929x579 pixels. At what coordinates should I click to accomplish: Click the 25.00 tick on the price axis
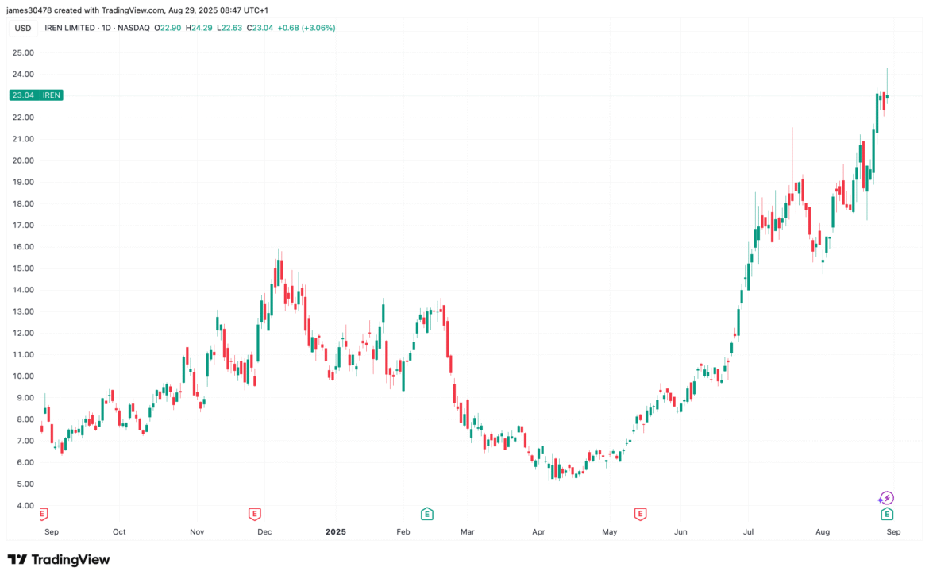22,52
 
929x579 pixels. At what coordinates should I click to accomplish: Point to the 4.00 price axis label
24,505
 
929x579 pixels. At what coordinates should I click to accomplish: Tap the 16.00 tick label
22,246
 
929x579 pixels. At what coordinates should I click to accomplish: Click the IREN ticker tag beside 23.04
50,95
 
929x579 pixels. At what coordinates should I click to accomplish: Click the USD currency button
22,28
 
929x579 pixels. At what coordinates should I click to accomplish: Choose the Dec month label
264,531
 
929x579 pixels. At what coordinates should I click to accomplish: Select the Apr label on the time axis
538,531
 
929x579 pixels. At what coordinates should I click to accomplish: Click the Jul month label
749,531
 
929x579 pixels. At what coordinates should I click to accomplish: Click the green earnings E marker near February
426,514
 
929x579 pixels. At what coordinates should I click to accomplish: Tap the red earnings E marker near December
255,514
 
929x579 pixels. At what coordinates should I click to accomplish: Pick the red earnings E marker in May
640,514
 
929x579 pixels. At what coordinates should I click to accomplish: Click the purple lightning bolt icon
888,498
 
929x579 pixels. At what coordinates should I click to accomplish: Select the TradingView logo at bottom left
59,559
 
